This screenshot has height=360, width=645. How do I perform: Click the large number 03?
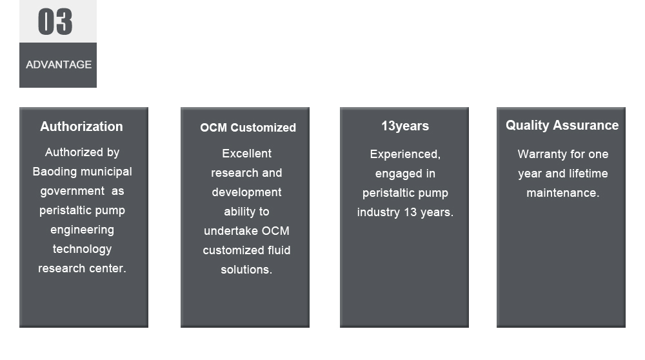pos(55,22)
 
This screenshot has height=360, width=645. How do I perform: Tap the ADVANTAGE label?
pos(59,65)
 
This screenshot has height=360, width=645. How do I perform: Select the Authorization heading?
pos(81,126)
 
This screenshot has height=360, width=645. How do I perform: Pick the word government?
pos(72,192)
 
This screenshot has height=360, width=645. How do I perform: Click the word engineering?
pos(83,230)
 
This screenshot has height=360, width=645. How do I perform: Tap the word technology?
pos(83,249)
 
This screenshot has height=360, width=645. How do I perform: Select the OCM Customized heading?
pos(248,128)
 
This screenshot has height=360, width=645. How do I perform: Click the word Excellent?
pos(247,154)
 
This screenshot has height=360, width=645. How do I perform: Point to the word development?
pos(247,192)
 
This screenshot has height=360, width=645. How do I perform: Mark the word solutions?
pos(245,270)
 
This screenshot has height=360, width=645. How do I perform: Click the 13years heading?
pos(405,126)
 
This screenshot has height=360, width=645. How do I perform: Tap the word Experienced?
pos(404,155)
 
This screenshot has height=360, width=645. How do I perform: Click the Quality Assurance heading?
pos(562,125)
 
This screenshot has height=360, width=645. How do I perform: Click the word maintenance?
pos(562,193)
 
